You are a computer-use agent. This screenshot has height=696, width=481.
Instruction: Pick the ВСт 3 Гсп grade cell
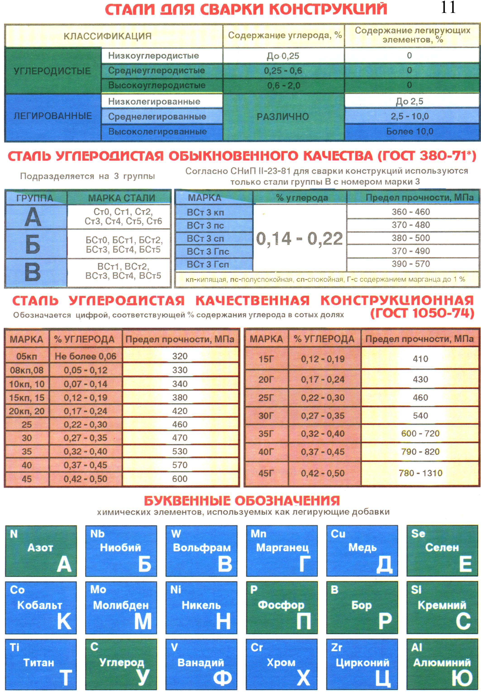208,264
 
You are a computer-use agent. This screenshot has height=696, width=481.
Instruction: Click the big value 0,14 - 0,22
300,239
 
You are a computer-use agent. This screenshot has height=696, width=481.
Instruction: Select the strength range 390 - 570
411,264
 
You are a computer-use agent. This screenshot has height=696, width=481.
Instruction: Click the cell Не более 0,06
85,356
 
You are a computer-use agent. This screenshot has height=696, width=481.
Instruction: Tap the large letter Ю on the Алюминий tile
462,678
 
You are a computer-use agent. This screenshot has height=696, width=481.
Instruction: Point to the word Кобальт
40,605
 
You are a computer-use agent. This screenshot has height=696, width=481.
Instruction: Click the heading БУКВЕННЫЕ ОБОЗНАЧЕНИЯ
242,501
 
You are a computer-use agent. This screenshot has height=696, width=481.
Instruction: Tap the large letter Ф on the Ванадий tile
222,678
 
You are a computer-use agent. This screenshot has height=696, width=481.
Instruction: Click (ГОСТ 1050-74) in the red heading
422,313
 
